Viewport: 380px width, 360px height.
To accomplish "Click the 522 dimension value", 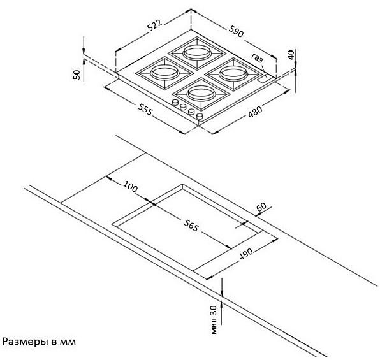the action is click(154, 25).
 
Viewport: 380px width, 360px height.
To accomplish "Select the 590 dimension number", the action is click(236, 31).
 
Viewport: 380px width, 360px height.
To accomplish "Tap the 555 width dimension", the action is click(145, 109).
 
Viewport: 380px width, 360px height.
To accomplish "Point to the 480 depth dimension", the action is click(255, 112).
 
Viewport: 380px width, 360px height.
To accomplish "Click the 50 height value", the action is click(77, 75).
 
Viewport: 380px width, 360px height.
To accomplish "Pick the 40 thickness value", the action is click(291, 55).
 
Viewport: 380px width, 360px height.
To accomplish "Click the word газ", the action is click(257, 57).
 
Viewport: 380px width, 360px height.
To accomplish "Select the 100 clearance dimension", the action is click(131, 186).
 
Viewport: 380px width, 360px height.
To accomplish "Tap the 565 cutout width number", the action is click(191, 226).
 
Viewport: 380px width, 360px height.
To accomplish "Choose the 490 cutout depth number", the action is click(245, 254).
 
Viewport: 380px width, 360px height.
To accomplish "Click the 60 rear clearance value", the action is click(261, 207).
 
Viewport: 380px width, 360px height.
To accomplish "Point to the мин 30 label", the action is click(214, 320).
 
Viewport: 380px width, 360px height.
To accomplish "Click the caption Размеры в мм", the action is click(39, 342).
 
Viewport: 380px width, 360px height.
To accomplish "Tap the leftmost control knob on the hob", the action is click(175, 103).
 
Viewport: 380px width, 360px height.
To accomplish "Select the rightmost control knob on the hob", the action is click(200, 116).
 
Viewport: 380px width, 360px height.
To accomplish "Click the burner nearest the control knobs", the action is click(201, 94).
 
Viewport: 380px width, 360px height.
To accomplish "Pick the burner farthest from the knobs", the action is click(197, 52).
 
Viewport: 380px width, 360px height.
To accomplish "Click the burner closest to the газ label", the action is click(233, 74).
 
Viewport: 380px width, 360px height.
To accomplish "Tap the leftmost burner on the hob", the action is click(164, 72).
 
